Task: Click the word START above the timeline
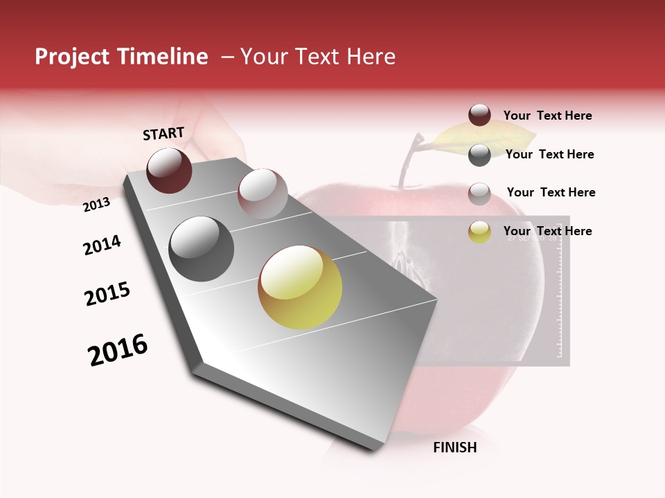coord(163,133)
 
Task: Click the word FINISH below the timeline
coord(455,448)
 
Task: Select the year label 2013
coord(96,204)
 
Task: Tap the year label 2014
coord(102,245)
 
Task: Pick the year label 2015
coord(107,294)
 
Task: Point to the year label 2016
coord(118,350)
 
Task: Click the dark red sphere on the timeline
coord(169,170)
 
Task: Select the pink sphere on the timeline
coord(263,193)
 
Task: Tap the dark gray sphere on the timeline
coord(201,248)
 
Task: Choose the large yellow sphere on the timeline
coord(300,287)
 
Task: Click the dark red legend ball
coord(479,115)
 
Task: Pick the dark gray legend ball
coord(479,155)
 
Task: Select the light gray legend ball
coord(479,194)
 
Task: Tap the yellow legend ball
coord(479,232)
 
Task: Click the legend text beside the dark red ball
coord(547,116)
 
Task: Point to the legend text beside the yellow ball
coord(547,231)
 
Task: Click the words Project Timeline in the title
coord(121,57)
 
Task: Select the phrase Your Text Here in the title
coord(317,57)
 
